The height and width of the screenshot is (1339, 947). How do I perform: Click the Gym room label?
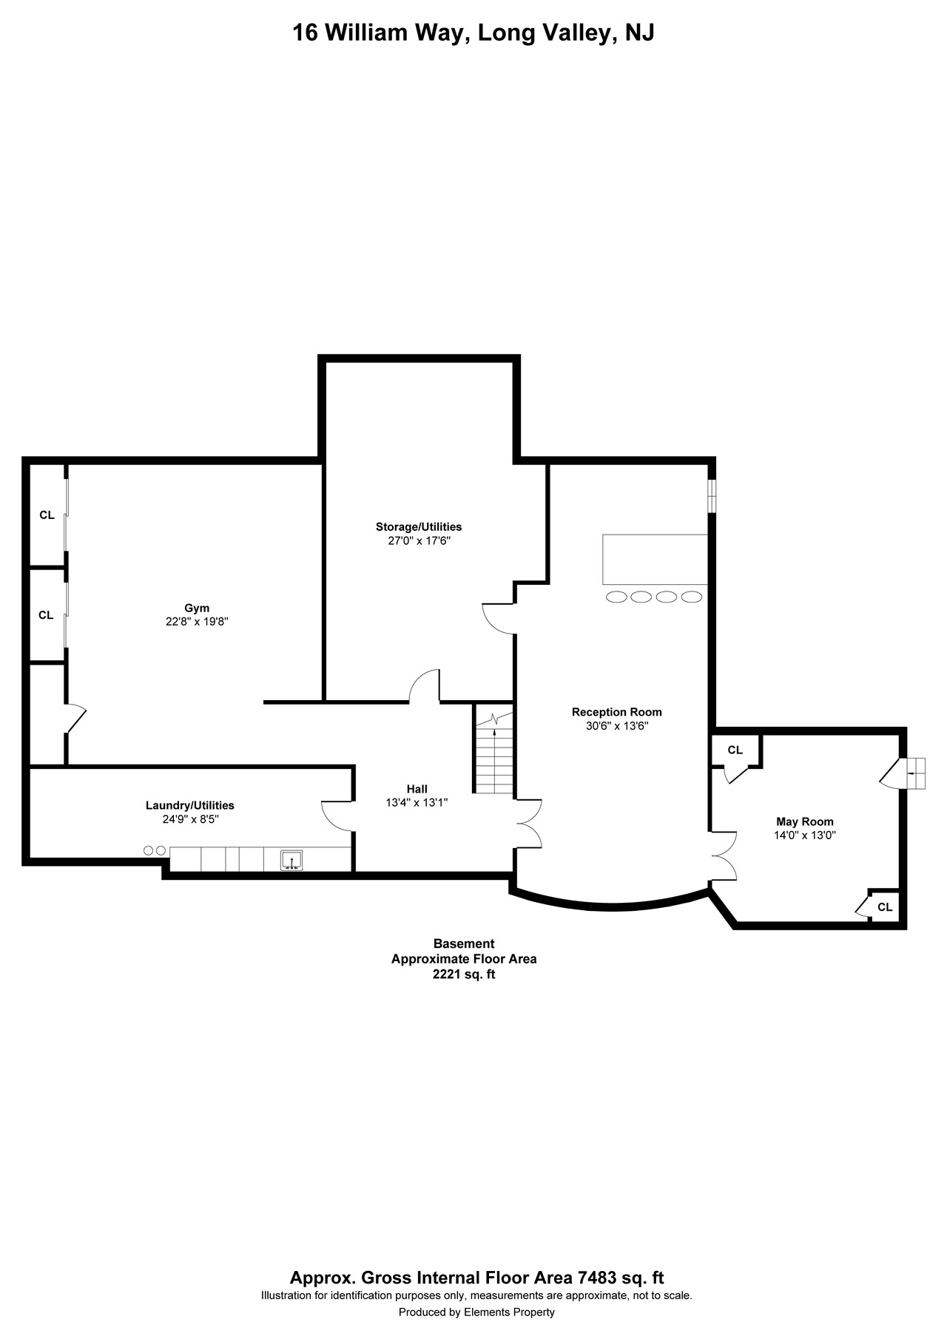196,609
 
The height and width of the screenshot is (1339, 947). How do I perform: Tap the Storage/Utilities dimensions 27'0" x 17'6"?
418,540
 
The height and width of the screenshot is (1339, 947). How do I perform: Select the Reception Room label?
616,712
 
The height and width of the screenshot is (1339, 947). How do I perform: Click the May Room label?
804,821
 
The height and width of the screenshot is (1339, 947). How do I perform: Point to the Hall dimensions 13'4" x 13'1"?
417,802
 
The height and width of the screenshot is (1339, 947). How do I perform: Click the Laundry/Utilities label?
189,805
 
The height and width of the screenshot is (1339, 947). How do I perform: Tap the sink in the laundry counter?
291,860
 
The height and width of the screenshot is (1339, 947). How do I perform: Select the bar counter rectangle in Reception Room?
655,559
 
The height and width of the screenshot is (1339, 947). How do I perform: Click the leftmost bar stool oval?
616,597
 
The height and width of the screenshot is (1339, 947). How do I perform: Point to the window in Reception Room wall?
711,495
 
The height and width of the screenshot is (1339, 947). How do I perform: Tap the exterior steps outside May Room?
915,773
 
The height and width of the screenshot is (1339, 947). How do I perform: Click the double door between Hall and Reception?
528,823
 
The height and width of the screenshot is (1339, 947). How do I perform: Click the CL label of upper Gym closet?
47,515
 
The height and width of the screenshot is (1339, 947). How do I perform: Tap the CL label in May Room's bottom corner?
885,907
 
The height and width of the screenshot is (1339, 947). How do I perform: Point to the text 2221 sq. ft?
463,974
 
